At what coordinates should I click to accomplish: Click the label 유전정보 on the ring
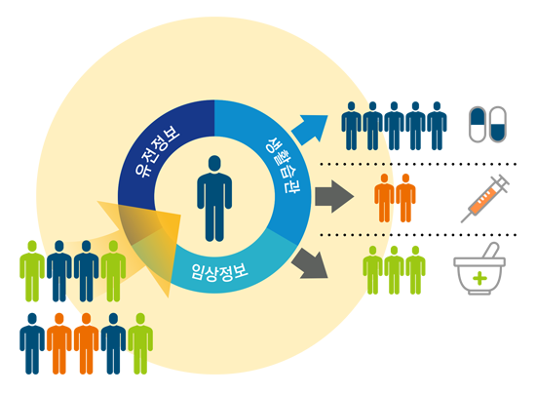157,151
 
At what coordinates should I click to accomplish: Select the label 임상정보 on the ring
220,272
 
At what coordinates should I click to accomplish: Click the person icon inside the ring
214,198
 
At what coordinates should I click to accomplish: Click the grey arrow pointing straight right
334,197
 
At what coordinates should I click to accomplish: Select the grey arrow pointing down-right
310,263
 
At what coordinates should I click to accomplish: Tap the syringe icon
484,199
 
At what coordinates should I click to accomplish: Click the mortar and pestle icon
479,269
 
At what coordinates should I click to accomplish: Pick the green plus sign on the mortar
479,278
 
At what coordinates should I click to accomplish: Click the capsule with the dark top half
478,124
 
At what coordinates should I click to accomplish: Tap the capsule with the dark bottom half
498,124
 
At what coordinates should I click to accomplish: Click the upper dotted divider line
418,164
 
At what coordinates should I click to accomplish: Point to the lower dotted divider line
418,235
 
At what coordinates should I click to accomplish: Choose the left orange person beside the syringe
384,198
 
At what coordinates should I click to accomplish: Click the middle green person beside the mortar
394,270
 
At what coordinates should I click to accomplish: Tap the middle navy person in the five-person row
394,126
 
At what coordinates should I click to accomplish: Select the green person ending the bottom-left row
140,343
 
